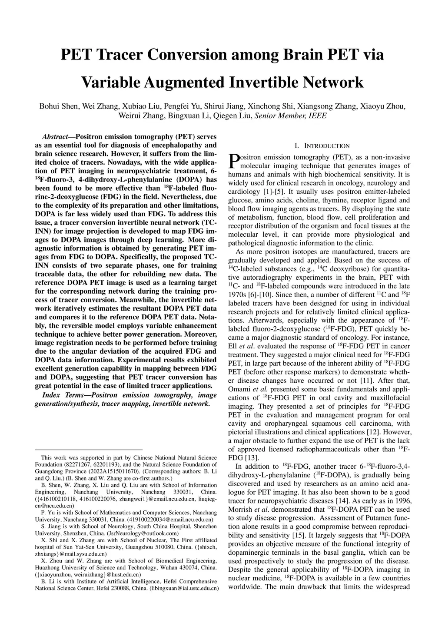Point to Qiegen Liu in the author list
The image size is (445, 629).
pos(237,116)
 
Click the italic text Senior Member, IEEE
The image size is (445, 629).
pos(290,116)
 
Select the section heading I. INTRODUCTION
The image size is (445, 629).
pos(322,146)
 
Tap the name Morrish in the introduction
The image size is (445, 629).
pos(239,510)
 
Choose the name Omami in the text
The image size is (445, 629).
pos(239,389)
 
